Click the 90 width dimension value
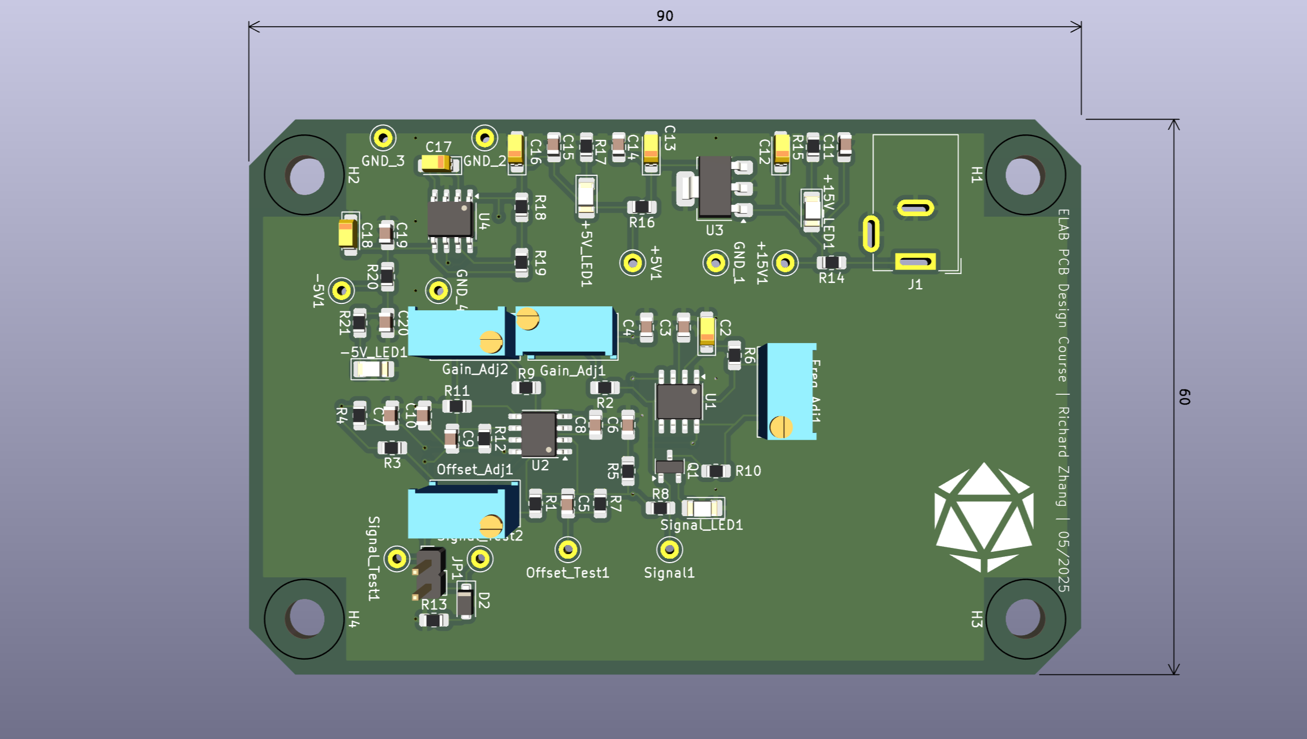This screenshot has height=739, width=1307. tap(665, 16)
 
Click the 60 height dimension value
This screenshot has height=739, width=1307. tap(1184, 396)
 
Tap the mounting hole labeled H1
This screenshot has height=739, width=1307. tap(1024, 175)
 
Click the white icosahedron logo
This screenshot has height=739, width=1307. tap(984, 517)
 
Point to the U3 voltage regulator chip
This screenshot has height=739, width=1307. tap(714, 187)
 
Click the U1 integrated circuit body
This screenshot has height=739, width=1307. tap(678, 402)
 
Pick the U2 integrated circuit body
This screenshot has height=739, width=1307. tap(538, 434)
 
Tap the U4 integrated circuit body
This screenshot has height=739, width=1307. tap(450, 219)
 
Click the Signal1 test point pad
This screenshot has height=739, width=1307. tap(669, 550)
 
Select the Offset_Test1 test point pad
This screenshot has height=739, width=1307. tap(568, 550)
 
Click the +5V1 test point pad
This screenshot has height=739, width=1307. tap(633, 263)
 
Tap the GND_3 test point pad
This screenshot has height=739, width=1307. tap(383, 138)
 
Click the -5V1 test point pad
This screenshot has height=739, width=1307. tap(341, 290)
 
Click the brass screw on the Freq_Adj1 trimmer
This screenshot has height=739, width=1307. tap(781, 427)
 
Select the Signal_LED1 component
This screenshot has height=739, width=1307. tap(703, 508)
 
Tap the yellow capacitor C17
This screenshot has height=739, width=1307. tap(436, 164)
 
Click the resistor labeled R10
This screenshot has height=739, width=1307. tap(716, 471)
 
